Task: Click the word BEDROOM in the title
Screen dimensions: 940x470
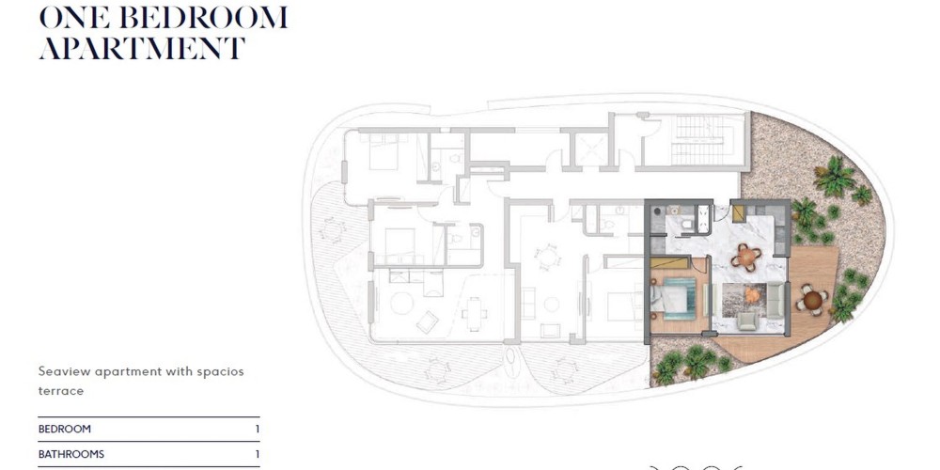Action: [x=203, y=18]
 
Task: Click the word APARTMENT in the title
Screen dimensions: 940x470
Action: [x=142, y=48]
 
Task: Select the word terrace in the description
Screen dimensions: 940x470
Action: [x=60, y=391]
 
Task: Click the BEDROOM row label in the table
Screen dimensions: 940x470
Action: [x=65, y=430]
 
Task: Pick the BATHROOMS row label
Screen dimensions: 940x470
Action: [x=71, y=454]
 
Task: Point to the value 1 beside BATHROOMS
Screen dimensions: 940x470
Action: [x=258, y=454]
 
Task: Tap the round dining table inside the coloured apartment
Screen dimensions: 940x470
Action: [x=746, y=258]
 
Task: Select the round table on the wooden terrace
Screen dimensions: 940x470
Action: [x=812, y=299]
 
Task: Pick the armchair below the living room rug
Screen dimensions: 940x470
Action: [x=747, y=321]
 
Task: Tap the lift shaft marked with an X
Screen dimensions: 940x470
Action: [x=591, y=149]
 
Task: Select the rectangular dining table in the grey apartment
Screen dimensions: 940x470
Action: [x=474, y=312]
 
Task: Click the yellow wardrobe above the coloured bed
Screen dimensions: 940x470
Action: [x=669, y=263]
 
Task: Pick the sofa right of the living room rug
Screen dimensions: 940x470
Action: [x=775, y=300]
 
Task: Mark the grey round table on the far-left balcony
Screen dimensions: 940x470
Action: [x=332, y=229]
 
